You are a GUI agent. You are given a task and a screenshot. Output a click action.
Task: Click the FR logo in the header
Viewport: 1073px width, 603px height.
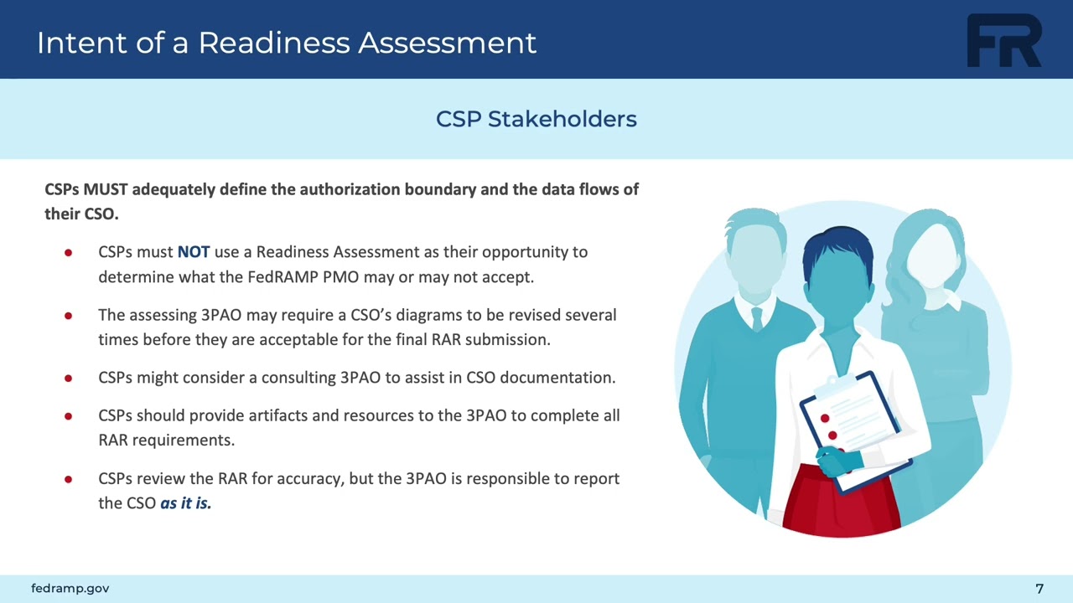tap(1004, 41)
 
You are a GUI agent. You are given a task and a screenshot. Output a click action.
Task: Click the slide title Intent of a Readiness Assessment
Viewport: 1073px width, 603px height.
tap(287, 43)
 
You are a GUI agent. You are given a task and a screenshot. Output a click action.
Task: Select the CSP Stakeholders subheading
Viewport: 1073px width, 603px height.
tap(536, 119)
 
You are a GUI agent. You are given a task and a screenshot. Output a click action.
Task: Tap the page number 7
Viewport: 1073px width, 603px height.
tap(1039, 589)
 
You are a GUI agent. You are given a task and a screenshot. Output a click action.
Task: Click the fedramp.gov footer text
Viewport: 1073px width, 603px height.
tap(70, 589)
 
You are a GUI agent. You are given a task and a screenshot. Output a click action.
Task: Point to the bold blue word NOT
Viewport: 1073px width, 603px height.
tap(194, 252)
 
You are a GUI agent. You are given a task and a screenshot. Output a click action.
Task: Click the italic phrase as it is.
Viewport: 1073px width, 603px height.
tap(185, 503)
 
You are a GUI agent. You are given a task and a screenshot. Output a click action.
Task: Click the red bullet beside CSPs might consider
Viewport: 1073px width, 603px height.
tap(68, 378)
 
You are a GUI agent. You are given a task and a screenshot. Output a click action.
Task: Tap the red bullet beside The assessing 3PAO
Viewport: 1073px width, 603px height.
tap(68, 316)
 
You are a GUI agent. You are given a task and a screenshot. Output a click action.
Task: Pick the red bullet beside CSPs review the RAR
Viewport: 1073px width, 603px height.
tap(68, 479)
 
